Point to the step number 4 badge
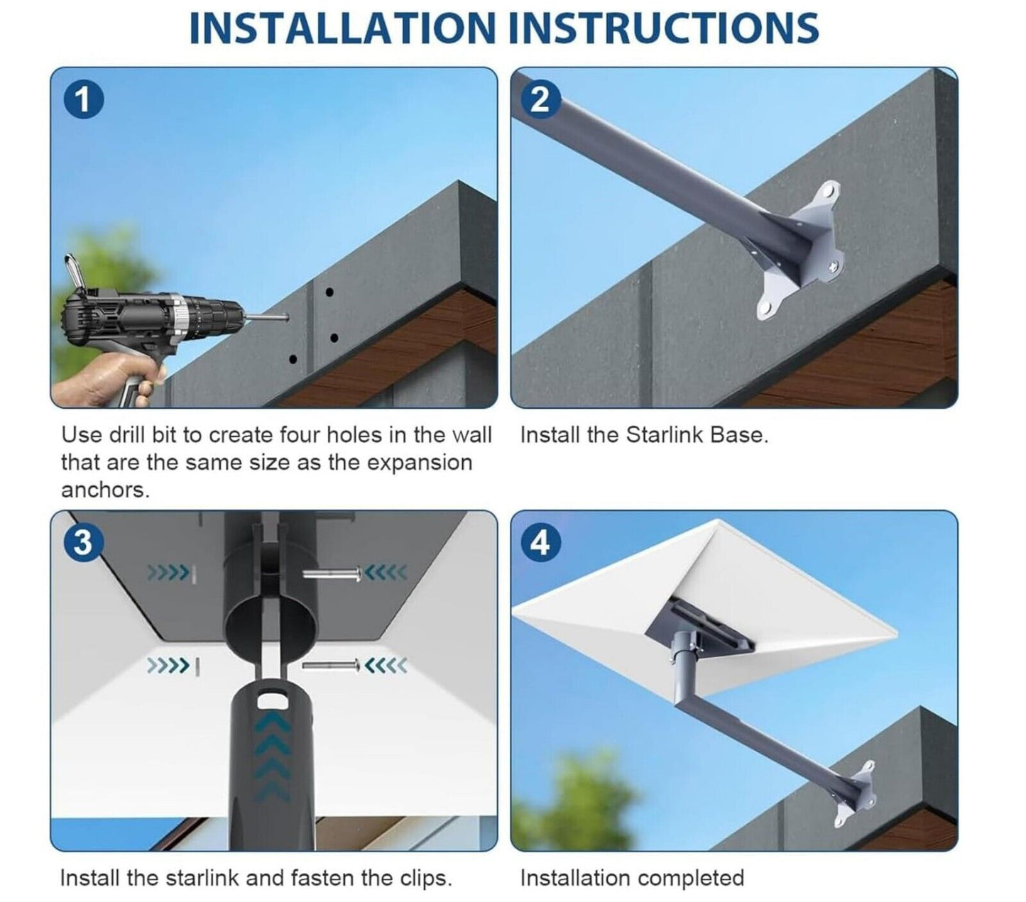pyautogui.click(x=541, y=542)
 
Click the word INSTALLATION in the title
pyautogui.click(x=342, y=28)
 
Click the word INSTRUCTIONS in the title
pyautogui.click(x=663, y=28)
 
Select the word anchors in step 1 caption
pyautogui.click(x=105, y=490)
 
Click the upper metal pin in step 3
pyautogui.click(x=332, y=573)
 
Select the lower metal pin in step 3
pyautogui.click(x=331, y=664)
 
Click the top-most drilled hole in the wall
pyautogui.click(x=329, y=292)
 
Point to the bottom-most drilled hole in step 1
pyautogui.click(x=293, y=359)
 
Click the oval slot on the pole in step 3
pyautogui.click(x=271, y=701)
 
